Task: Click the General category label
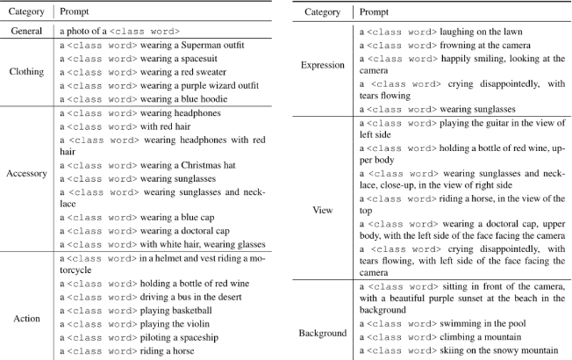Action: point(29,31)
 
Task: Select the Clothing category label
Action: point(29,72)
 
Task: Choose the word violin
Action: point(197,323)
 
